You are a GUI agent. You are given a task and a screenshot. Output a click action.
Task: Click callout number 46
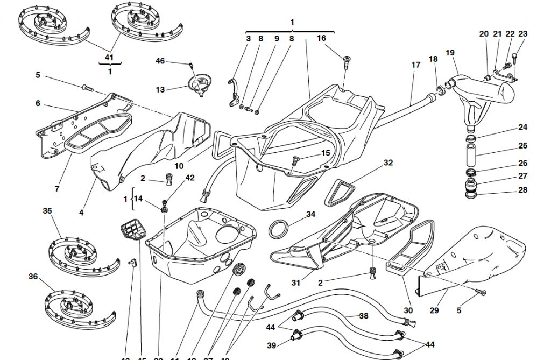coord(160,61)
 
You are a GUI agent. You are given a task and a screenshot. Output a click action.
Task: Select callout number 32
coord(388,163)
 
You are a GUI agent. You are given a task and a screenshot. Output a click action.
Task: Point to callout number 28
coord(523,190)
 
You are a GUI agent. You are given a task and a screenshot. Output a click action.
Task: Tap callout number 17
coord(416,65)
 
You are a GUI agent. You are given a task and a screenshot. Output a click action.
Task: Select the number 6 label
coord(38,103)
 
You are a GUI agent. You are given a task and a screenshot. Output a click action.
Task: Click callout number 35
coord(47,211)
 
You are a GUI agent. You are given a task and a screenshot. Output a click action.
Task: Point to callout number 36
coord(33,277)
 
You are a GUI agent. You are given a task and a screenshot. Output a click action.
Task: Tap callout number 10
coord(179,166)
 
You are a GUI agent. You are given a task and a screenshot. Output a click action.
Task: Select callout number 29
coord(434,310)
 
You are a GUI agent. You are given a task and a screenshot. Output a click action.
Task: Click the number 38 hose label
coord(364,316)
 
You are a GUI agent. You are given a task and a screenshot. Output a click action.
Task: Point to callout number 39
coord(271,345)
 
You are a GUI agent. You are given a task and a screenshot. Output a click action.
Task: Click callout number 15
coord(326,153)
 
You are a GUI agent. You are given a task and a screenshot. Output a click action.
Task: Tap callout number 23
coord(523,33)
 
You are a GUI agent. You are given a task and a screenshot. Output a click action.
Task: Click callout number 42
coord(190,178)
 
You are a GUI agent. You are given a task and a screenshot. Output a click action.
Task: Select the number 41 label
coord(109,57)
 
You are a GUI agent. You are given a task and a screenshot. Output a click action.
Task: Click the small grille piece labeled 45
coord(132,230)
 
